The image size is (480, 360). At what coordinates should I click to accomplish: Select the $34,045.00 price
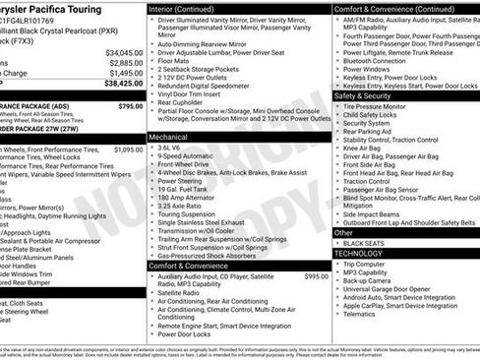coord(124,52)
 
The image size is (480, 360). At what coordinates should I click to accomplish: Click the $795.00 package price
coord(130,105)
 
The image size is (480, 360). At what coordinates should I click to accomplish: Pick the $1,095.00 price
coord(128,150)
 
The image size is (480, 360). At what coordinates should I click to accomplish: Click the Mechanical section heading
coord(171,136)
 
